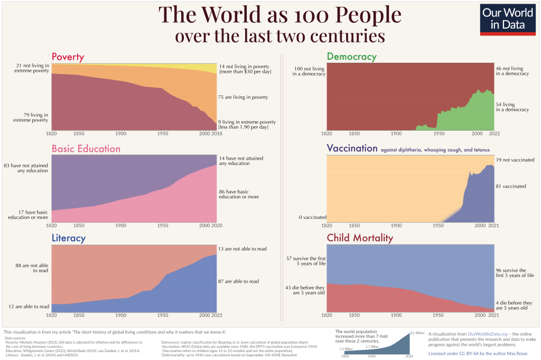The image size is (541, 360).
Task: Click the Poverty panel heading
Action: point(68,57)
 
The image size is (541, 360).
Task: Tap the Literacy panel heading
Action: point(68,238)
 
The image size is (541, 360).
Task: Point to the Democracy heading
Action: point(351,57)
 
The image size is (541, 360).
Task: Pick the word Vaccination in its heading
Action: point(352,149)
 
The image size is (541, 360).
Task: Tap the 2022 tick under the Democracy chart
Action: point(494,134)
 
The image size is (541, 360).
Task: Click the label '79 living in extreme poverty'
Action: point(32,117)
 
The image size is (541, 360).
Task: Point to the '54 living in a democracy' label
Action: point(512,107)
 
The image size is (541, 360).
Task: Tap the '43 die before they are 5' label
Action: point(305,290)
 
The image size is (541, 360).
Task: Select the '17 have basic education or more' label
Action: point(29,215)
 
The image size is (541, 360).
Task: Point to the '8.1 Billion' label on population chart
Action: point(417,333)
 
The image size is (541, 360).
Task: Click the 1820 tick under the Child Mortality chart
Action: point(328,315)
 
